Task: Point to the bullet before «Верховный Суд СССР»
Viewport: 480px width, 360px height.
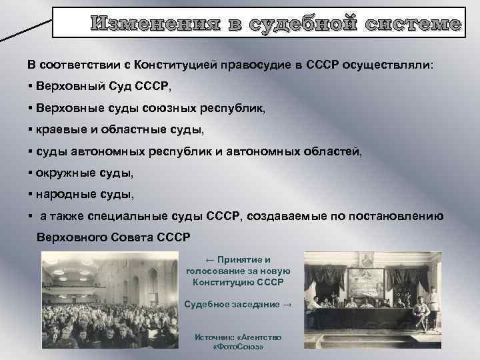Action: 31,87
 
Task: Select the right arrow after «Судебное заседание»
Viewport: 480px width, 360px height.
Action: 287,304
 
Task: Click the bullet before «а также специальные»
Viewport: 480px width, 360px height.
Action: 31,216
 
